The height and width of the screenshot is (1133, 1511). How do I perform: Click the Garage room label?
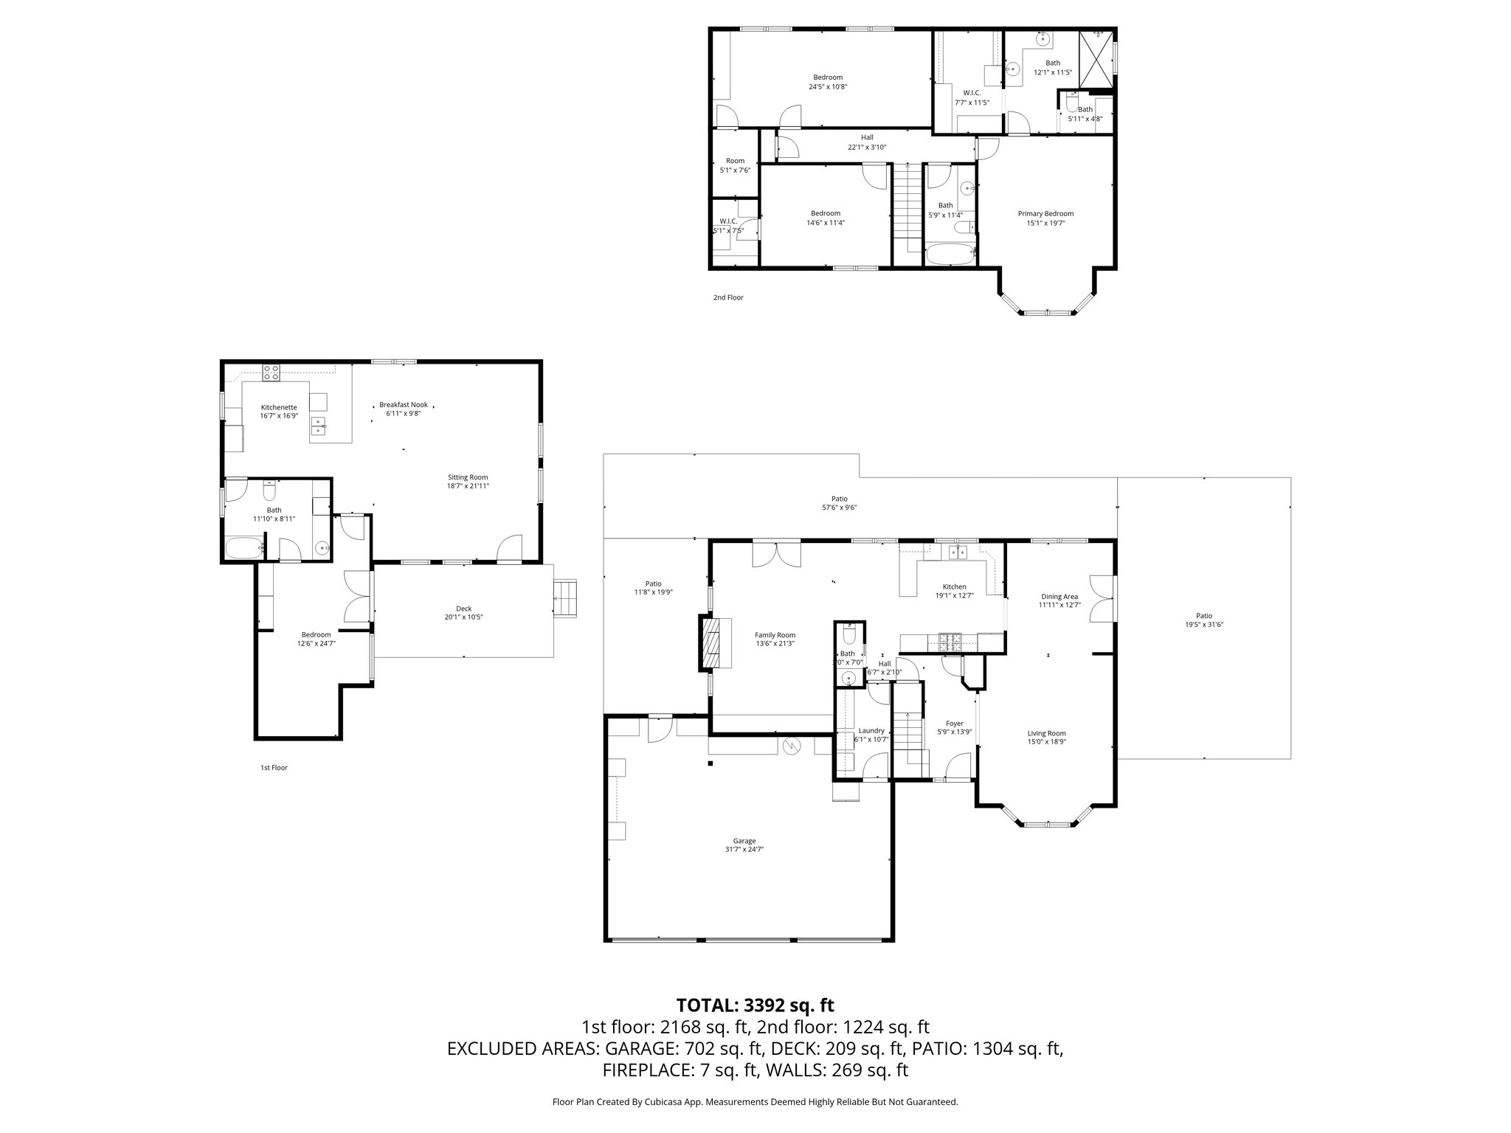pos(744,841)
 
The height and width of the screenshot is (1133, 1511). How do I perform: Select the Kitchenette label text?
pos(279,407)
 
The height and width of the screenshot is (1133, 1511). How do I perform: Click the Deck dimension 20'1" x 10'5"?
pos(463,617)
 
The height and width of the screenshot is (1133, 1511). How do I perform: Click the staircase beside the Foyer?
pos(908,731)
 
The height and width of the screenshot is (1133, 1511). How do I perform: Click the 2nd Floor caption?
pos(728,298)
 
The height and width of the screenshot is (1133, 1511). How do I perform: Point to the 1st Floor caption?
pos(274,768)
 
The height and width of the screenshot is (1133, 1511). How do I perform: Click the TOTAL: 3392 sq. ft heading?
pos(755,1005)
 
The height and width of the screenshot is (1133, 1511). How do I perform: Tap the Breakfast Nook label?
pos(403,405)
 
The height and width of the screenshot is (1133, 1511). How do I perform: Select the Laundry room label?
pos(871,730)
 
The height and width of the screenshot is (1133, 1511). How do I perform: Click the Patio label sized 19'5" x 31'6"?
pos(1203,616)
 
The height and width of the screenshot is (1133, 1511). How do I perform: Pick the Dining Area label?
pos(1059,597)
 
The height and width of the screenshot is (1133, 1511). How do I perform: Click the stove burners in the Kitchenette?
pos(271,373)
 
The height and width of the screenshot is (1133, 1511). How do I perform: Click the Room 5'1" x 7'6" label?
pos(735,161)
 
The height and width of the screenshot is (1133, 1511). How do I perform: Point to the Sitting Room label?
pos(468,477)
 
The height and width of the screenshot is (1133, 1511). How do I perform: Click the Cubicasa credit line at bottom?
pos(755,1102)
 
